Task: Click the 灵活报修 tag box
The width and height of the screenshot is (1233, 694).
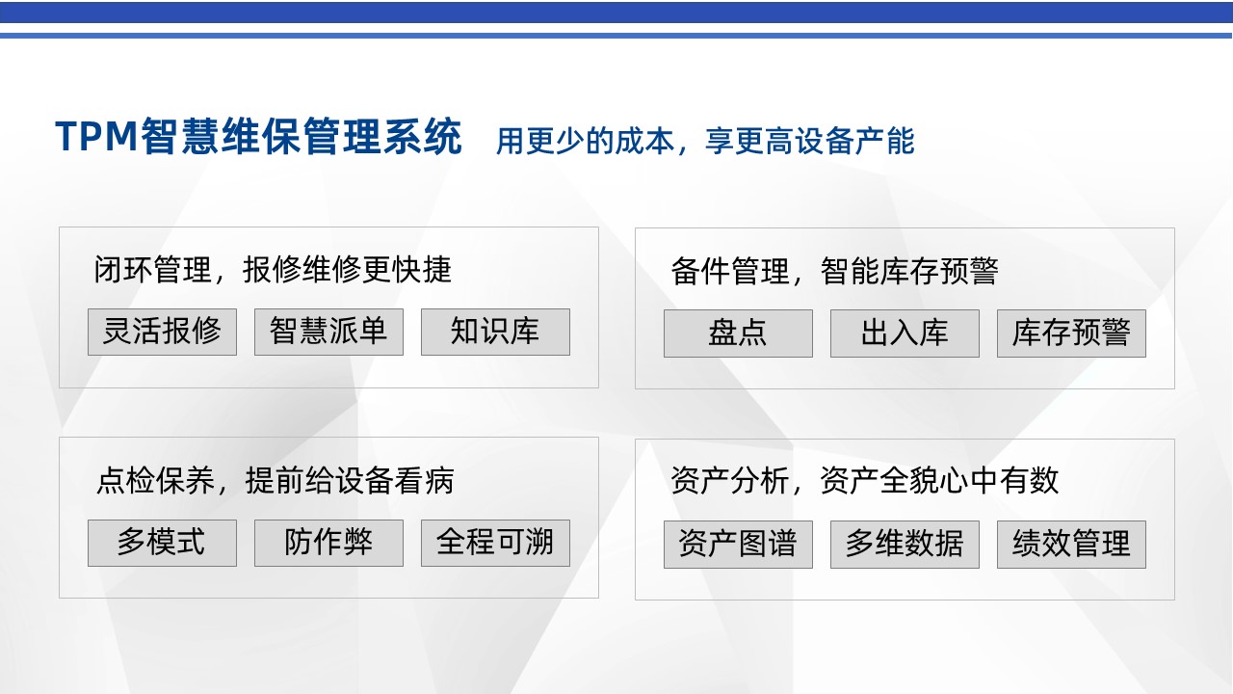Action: point(163,332)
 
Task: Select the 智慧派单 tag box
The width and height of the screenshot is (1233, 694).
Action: point(328,332)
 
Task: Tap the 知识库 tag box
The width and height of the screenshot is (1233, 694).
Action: point(495,332)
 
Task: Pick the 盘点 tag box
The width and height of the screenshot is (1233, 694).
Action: point(738,334)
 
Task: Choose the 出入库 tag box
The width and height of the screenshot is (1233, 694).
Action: point(905,334)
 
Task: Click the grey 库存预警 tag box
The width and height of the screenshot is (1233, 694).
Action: point(1072,334)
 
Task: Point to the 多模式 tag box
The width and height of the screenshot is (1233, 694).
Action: point(163,543)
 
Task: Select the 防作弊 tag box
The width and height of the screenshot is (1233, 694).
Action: point(328,543)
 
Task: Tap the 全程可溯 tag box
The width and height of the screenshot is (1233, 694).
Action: point(495,543)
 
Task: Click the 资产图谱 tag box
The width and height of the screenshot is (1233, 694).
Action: point(738,545)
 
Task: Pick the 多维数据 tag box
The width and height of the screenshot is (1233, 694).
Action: point(905,545)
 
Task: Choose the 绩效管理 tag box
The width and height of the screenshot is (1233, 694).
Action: point(1072,545)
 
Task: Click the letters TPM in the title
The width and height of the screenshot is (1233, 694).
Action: point(96,136)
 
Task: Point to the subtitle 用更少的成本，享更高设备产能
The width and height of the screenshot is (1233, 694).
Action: point(705,141)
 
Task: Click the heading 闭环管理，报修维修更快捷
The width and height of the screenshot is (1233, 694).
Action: point(273,270)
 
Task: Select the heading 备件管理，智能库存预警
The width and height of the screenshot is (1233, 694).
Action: point(834,271)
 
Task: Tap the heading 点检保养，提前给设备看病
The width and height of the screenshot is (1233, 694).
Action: point(275,480)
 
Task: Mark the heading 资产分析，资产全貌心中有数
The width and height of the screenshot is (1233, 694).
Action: point(864,480)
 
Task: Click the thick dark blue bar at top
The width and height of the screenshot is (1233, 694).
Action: point(616,13)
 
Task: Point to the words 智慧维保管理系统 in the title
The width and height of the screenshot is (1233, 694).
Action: point(302,136)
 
